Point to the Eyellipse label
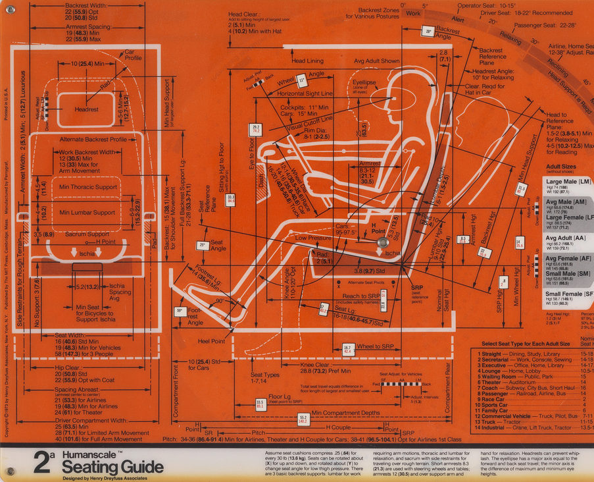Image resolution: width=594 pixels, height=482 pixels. (363, 84)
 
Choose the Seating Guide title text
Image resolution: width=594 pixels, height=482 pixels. (112, 468)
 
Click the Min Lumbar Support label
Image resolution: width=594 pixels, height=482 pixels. (87, 213)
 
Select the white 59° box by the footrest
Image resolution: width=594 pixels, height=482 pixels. (179, 311)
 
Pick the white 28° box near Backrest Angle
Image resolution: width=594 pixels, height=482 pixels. (428, 32)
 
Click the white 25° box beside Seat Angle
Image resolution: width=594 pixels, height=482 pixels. (202, 245)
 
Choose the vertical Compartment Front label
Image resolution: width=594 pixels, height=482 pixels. (176, 389)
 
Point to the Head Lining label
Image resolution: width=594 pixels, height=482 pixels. (307, 61)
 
